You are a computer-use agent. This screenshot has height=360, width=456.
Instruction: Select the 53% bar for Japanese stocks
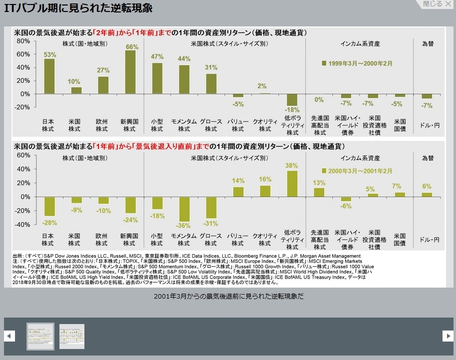49,76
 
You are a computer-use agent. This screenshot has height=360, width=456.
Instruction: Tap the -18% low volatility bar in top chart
292,99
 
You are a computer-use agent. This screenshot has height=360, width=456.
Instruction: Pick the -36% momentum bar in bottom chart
184,209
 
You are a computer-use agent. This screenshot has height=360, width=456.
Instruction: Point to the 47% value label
157,56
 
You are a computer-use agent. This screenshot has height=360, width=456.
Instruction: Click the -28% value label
49,222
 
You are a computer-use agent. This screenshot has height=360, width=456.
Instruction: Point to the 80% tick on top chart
23,40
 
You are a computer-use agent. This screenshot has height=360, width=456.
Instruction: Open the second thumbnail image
72,337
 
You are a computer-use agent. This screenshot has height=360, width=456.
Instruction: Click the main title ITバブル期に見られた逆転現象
78,8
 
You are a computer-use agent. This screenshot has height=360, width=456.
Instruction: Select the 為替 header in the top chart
427,44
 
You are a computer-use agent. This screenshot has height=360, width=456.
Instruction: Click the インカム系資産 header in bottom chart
360,158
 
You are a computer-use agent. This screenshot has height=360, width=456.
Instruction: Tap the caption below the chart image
228,296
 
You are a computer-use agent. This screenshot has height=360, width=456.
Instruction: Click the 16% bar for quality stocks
265,191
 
